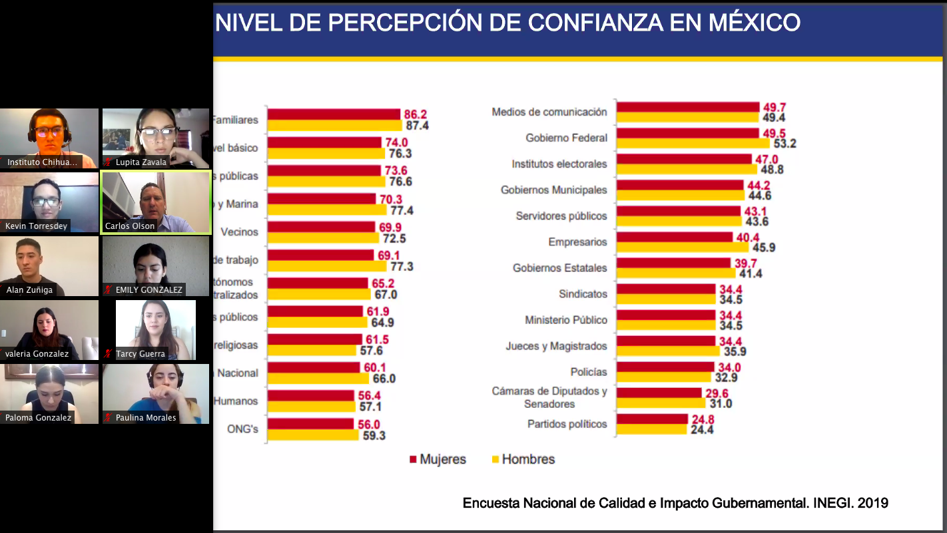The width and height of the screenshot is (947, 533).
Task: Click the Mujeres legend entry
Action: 438,459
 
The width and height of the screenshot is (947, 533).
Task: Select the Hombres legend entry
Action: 523,459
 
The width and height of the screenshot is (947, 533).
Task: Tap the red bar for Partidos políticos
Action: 652,419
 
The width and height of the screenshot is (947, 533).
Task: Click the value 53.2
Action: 783,143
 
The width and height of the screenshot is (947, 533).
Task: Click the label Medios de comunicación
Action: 549,112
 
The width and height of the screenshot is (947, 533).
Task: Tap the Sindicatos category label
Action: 583,293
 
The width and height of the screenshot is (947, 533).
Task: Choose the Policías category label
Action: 589,372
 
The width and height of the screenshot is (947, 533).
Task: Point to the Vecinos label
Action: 239,232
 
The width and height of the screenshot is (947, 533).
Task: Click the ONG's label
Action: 242,429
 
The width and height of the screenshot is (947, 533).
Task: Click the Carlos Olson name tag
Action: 130,226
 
